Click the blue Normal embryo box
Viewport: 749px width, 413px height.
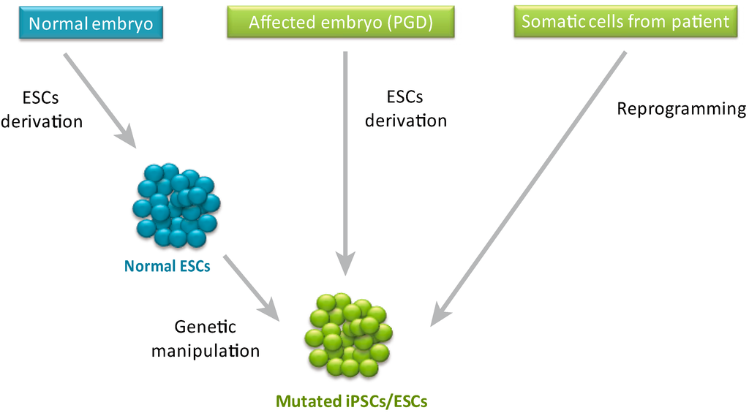(x=91, y=23)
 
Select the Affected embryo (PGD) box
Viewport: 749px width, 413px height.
(x=340, y=23)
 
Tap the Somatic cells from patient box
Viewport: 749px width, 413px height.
(x=625, y=22)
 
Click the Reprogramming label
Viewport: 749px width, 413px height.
(x=680, y=109)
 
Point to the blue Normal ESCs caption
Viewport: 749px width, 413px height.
(x=167, y=266)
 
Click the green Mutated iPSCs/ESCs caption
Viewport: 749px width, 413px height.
(x=351, y=401)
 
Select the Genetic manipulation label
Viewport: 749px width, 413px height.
(x=206, y=338)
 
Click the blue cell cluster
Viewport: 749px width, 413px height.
(x=176, y=205)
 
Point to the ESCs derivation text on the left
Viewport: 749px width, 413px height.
(x=41, y=110)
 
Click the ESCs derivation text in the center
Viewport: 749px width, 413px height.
(x=405, y=108)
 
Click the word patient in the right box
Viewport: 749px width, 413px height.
(x=701, y=22)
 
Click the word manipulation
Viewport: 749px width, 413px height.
(x=206, y=351)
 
